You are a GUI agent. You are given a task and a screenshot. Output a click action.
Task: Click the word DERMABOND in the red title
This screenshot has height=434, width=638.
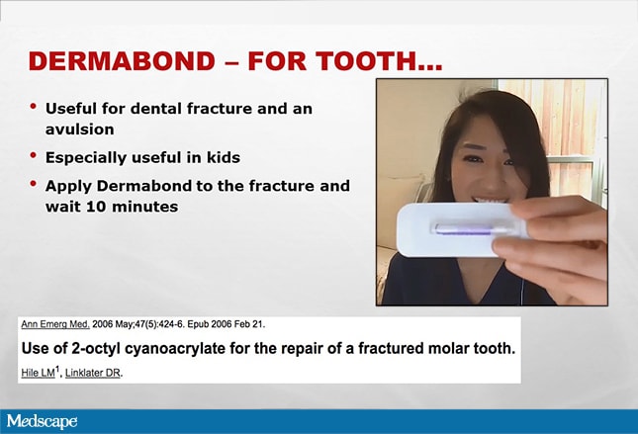click(x=122, y=61)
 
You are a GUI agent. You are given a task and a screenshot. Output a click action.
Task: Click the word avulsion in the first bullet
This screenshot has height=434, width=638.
click(x=80, y=130)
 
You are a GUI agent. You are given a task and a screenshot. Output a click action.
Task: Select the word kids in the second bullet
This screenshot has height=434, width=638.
click(x=224, y=157)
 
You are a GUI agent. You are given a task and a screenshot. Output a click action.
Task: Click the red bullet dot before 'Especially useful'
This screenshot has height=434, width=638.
click(x=34, y=155)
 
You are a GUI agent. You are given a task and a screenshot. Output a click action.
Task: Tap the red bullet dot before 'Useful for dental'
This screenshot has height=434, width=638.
click(x=34, y=106)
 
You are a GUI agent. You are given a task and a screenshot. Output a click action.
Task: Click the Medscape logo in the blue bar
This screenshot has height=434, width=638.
click(x=42, y=421)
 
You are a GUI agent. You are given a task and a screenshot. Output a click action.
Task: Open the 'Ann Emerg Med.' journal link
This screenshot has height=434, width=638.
click(x=55, y=324)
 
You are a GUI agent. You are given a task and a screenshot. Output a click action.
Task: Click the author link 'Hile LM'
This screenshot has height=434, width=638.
click(x=38, y=373)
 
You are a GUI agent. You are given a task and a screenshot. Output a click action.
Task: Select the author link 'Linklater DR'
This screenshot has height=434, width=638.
click(x=93, y=373)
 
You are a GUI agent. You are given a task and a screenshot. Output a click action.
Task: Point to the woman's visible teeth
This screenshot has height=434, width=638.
click(x=491, y=201)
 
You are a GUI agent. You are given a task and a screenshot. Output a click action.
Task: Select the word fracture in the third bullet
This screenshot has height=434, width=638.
click(x=282, y=186)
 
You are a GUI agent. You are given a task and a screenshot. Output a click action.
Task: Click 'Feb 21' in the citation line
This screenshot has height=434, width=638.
click(x=251, y=324)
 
